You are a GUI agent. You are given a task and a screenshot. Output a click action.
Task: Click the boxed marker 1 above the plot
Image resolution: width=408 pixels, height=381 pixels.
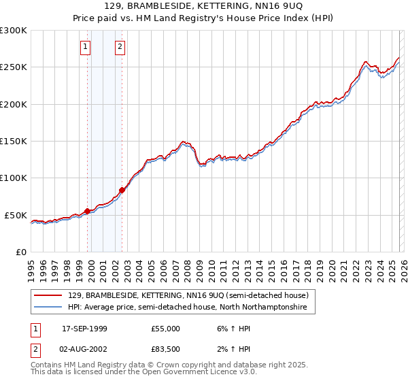(x=86, y=47)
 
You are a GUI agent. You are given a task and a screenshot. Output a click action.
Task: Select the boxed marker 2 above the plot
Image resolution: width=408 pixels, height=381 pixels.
(x=120, y=47)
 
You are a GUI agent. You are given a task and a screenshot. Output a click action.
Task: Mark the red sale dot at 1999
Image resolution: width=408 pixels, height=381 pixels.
(x=88, y=211)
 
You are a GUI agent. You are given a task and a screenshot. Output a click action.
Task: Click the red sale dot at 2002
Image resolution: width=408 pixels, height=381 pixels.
(x=122, y=190)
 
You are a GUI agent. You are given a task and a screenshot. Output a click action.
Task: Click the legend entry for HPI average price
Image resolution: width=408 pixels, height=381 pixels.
(x=188, y=308)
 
